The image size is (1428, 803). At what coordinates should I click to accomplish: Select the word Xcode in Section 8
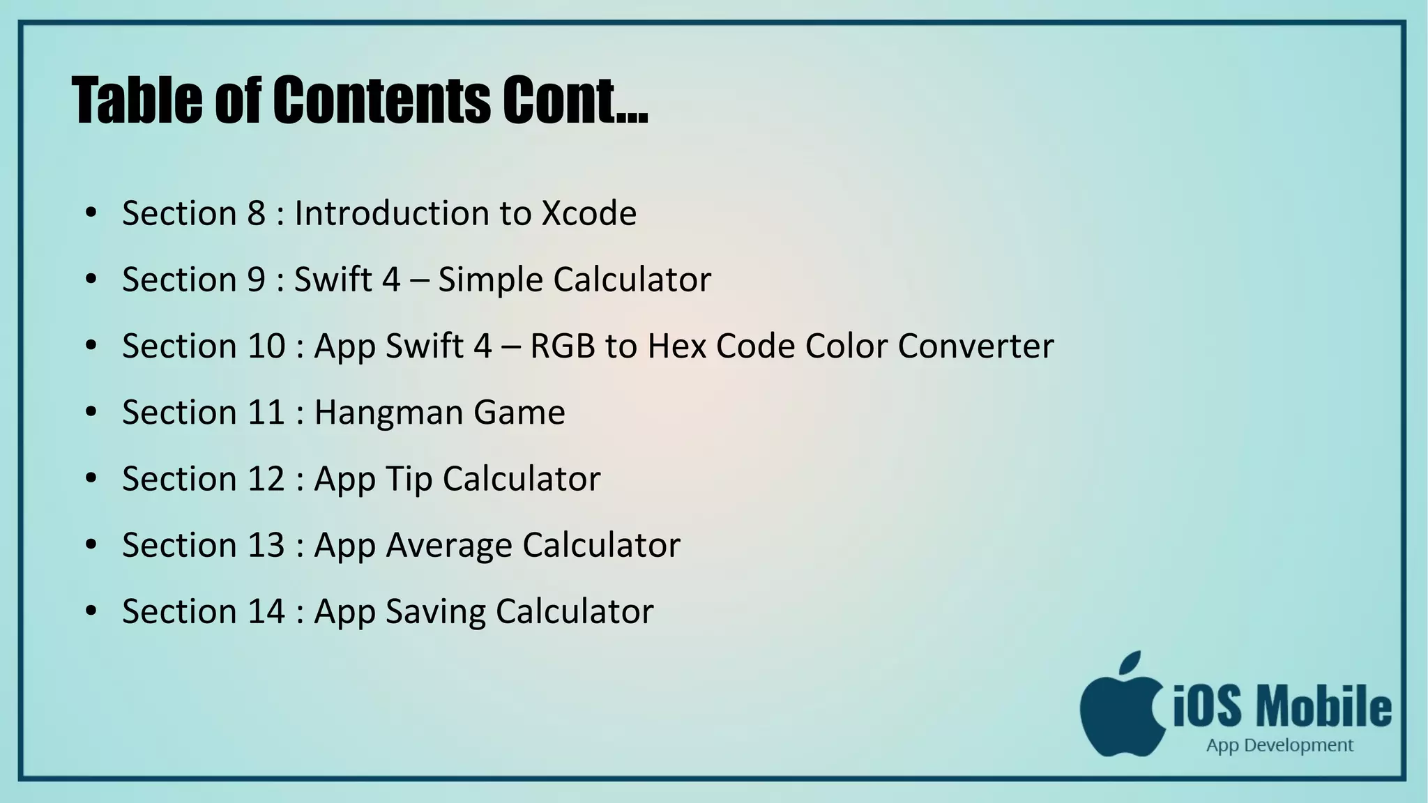point(589,213)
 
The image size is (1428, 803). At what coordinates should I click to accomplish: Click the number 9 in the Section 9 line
point(256,280)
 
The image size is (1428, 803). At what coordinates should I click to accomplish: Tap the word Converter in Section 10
point(975,346)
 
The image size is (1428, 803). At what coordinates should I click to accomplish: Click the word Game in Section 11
point(519,413)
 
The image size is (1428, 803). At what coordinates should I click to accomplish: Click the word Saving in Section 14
point(435,612)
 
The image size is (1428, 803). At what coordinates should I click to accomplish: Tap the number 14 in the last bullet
point(266,611)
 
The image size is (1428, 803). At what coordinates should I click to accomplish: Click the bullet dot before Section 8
point(91,213)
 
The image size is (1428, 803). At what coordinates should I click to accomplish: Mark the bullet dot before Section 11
point(91,412)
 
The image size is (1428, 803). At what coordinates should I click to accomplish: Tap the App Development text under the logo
point(1279,746)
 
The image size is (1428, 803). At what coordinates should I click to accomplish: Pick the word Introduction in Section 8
point(391,213)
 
